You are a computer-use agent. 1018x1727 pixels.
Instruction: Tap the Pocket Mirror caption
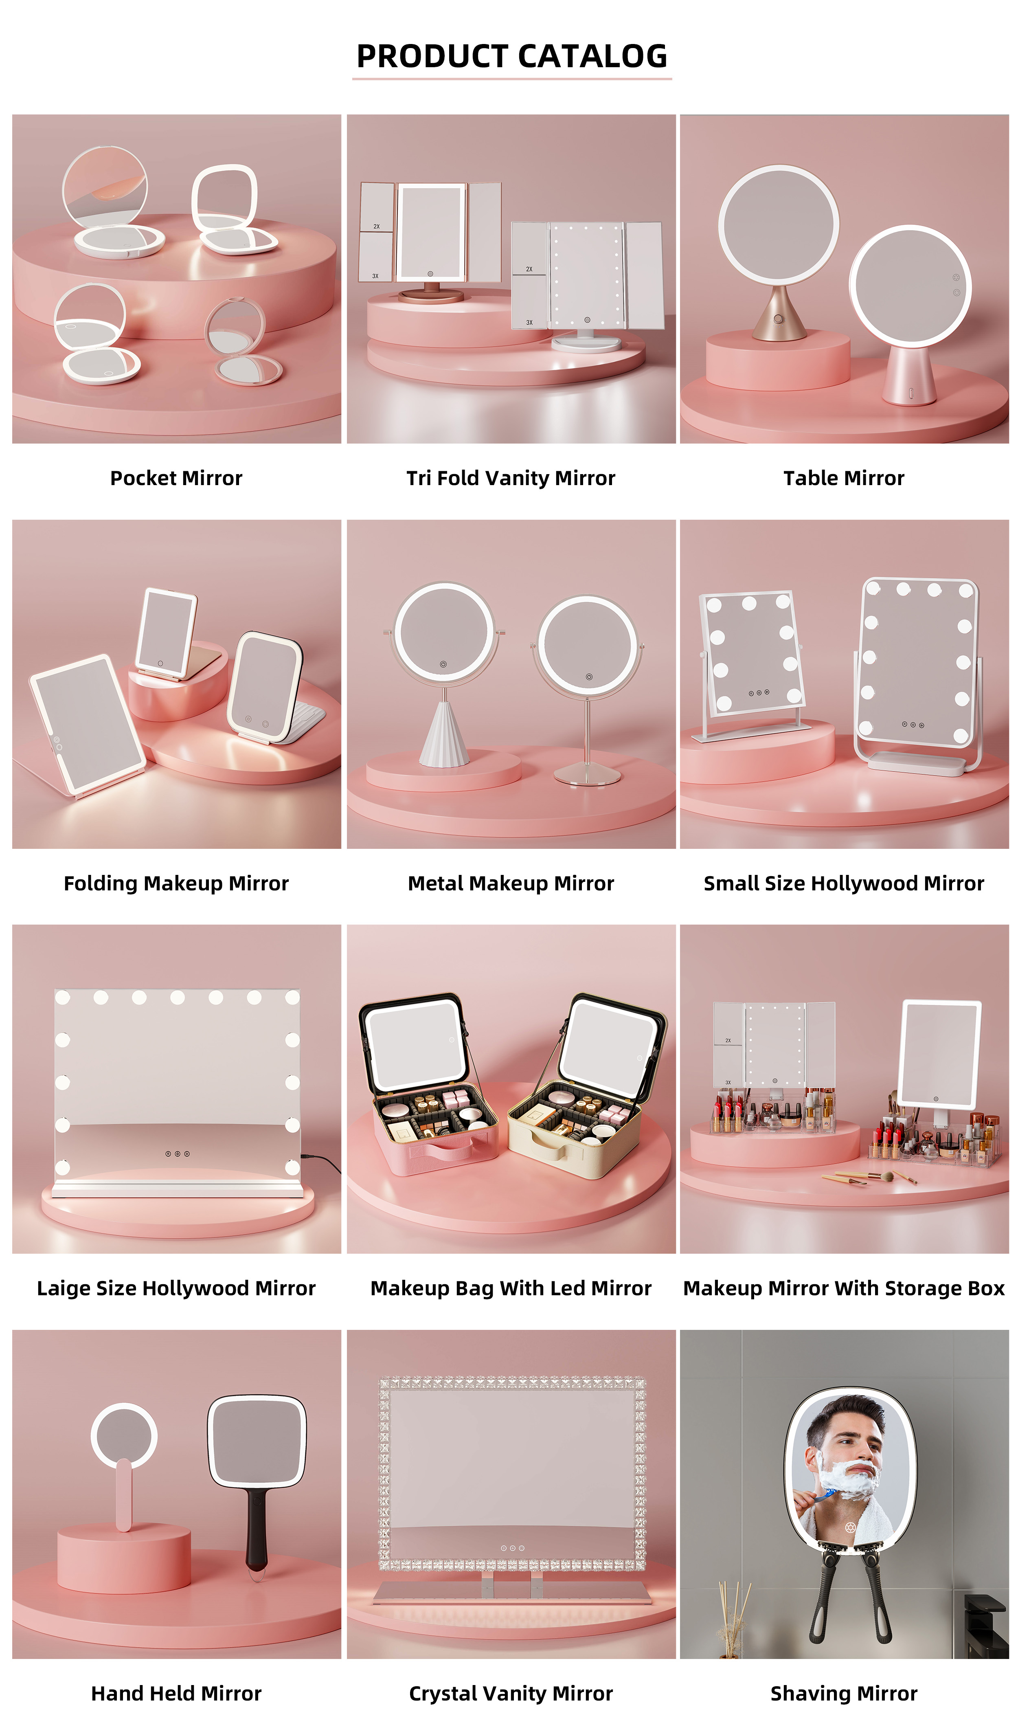pyautogui.click(x=176, y=478)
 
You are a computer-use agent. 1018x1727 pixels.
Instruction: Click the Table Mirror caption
pyautogui.click(x=844, y=478)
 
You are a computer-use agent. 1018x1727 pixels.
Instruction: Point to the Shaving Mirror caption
pyautogui.click(x=844, y=1693)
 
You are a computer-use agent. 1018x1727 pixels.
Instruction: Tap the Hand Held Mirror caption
pyautogui.click(x=176, y=1693)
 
